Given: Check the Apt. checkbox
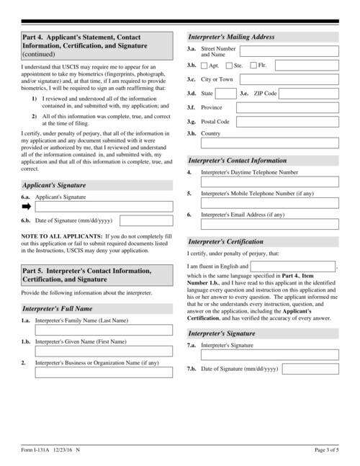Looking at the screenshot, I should click(x=204, y=66).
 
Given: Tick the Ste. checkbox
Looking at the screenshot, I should click(x=229, y=66).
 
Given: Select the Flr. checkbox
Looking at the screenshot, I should click(x=253, y=66).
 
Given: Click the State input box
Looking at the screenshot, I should click(x=225, y=94).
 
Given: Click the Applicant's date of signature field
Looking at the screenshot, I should click(x=145, y=220).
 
